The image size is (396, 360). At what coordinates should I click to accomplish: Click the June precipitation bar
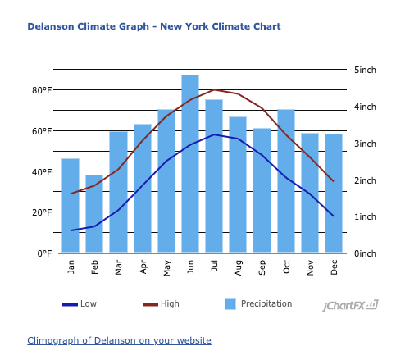pyautogui.click(x=190, y=163)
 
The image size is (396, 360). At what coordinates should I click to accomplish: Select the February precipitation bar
pyautogui.click(x=94, y=213)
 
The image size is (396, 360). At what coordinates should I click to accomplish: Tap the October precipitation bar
pyautogui.click(x=286, y=180)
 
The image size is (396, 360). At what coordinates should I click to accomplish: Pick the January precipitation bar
pyautogui.click(x=71, y=205)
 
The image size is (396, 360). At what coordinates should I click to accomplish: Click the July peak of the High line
pyautogui.click(x=214, y=89)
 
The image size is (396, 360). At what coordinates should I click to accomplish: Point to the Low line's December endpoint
pyautogui.click(x=334, y=216)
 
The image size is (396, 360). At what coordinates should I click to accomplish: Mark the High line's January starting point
pyautogui.click(x=71, y=194)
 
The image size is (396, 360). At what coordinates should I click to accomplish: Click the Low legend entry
pyautogui.click(x=80, y=304)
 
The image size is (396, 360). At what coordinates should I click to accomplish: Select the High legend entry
pyautogui.click(x=161, y=304)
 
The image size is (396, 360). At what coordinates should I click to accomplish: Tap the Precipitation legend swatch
pyautogui.click(x=230, y=304)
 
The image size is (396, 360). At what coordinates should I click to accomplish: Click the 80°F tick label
pyautogui.click(x=42, y=90)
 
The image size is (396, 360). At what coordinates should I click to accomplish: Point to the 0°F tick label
pyautogui.click(x=44, y=253)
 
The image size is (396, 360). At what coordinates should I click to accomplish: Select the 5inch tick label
pyautogui.click(x=365, y=70)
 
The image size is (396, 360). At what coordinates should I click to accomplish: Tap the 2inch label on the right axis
pyautogui.click(x=365, y=180)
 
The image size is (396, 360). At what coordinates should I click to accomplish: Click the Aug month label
pyautogui.click(x=239, y=267)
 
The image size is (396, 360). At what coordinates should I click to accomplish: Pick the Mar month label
pyautogui.click(x=118, y=267)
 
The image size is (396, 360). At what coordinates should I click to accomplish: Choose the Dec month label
pyautogui.click(x=334, y=267)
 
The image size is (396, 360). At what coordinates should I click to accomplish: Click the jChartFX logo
pyautogui.click(x=351, y=305)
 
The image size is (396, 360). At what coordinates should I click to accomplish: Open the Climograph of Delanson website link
pyautogui.click(x=119, y=340)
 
